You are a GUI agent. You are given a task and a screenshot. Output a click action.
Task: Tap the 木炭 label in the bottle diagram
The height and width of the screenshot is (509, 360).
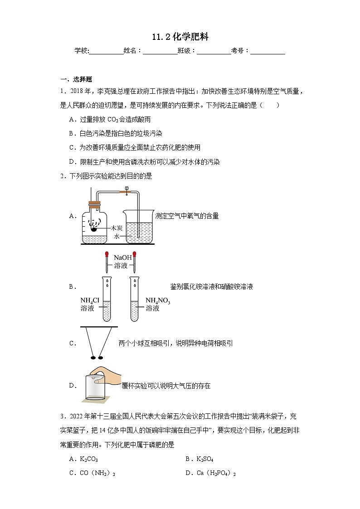point(117,228)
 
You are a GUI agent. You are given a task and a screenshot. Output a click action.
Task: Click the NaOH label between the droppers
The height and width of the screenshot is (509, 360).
point(122,257)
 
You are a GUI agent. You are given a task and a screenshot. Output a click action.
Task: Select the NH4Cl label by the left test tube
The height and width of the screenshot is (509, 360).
point(90,300)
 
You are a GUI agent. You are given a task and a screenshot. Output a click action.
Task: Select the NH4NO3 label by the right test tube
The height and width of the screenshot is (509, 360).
point(157,300)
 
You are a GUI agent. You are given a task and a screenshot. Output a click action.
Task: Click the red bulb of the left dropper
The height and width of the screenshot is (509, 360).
point(107,255)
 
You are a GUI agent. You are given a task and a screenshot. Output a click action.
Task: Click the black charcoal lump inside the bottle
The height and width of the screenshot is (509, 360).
point(94,229)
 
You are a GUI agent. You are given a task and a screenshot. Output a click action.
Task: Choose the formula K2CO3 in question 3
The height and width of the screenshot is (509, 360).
point(89,459)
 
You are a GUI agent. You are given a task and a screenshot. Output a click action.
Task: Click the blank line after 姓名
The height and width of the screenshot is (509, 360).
point(160,51)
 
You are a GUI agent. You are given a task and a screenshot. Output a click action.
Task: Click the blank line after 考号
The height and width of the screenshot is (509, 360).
point(268,51)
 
